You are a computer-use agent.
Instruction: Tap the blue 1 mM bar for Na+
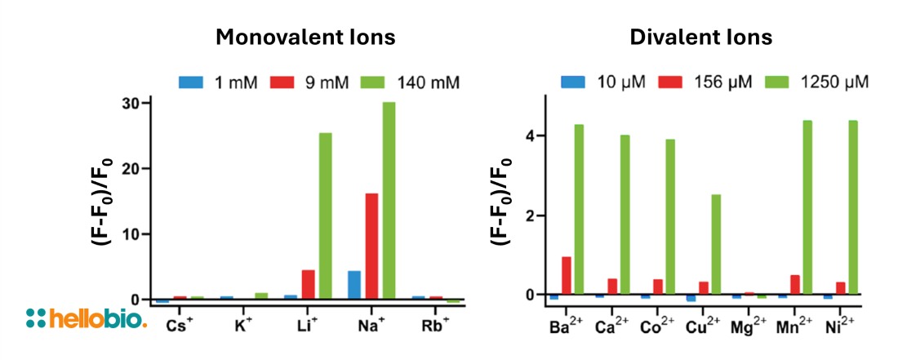(354, 285)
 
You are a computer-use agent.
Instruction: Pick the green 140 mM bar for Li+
(325, 216)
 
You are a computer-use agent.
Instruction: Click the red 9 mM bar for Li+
(308, 284)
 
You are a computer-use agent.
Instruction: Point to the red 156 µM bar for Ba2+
(566, 275)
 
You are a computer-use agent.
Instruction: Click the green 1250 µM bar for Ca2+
(625, 214)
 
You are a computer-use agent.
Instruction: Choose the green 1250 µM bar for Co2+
(670, 216)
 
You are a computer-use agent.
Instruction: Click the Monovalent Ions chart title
(305, 38)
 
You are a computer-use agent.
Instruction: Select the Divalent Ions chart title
(700, 38)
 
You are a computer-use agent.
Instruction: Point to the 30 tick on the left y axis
(130, 103)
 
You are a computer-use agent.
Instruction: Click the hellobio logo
(87, 318)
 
